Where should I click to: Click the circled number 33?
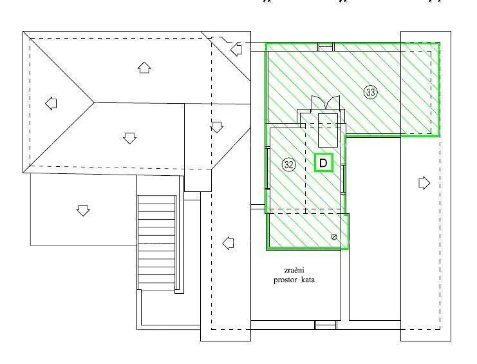pos(371,92)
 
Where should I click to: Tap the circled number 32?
pos(288,165)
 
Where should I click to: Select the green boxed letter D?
pos(323,163)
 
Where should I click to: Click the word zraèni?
pos(294,270)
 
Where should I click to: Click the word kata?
pos(308,280)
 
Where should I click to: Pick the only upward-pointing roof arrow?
pos(144,68)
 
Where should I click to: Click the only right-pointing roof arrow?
pos(424,183)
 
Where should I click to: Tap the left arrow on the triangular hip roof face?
pos(51,104)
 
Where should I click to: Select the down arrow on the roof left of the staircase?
pos(83,210)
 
